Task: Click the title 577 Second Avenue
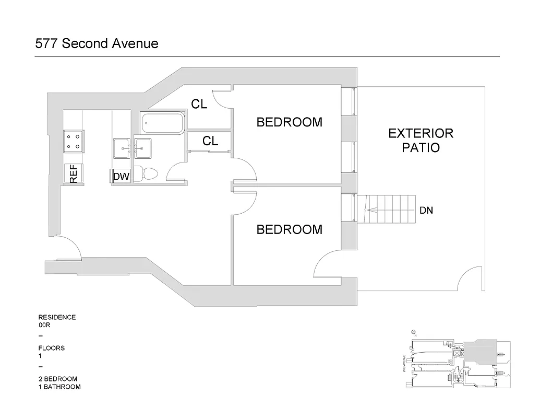click(x=97, y=43)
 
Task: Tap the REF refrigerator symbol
click(x=73, y=173)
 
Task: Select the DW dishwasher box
click(x=121, y=176)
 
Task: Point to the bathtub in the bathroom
click(x=162, y=124)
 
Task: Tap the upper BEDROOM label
click(x=289, y=122)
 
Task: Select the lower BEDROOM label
click(x=289, y=229)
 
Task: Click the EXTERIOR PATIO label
click(x=421, y=140)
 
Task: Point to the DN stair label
click(x=426, y=211)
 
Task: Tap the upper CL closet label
click(x=199, y=104)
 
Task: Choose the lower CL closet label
click(x=210, y=141)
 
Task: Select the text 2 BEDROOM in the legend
click(x=57, y=379)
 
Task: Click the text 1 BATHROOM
click(x=59, y=387)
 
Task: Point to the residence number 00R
click(x=45, y=325)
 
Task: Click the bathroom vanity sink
click(x=142, y=148)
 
